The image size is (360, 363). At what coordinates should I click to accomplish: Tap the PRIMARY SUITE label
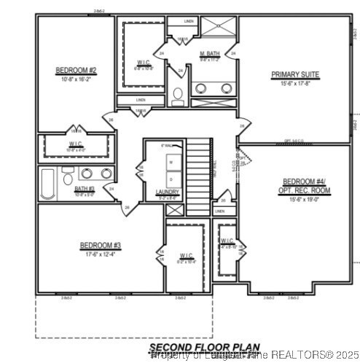pyautogui.click(x=296, y=74)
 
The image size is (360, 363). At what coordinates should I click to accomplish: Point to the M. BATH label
pyautogui.click(x=210, y=53)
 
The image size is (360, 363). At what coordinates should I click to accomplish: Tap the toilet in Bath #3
pyautogui.click(x=68, y=178)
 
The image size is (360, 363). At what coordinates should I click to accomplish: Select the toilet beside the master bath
pyautogui.click(x=178, y=95)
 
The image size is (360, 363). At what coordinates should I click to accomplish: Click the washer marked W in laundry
pyautogui.click(x=171, y=161)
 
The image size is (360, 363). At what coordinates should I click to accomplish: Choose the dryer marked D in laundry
pyautogui.click(x=171, y=179)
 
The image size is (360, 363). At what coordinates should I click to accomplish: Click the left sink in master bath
pyautogui.click(x=202, y=89)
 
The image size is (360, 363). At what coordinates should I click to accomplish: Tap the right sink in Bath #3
pyautogui.click(x=106, y=173)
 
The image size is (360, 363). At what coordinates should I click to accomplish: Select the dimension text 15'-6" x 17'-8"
pyautogui.click(x=296, y=82)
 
